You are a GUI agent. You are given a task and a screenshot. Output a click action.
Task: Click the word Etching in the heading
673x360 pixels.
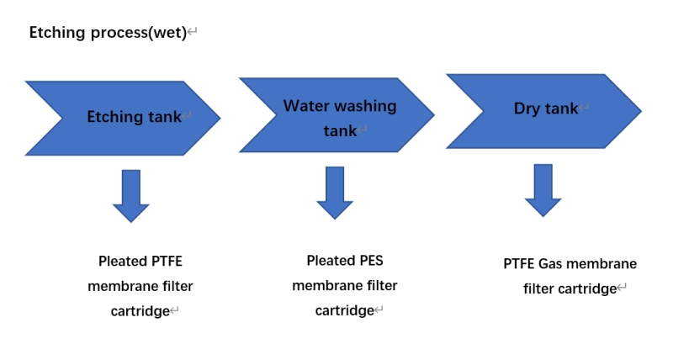click(57, 33)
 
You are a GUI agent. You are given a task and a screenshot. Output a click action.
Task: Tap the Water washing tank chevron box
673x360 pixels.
click(336, 116)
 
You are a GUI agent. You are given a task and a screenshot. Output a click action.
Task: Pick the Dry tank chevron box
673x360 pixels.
click(543, 109)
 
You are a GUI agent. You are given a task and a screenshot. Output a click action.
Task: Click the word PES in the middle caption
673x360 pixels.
click(368, 261)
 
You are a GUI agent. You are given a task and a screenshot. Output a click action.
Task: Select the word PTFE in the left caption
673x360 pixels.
click(166, 262)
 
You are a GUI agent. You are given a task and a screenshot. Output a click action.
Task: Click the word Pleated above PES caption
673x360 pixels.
click(328, 261)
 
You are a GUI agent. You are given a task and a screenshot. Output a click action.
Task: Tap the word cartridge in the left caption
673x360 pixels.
click(139, 311)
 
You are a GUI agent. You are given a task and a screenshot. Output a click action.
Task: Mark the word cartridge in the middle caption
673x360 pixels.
click(343, 310)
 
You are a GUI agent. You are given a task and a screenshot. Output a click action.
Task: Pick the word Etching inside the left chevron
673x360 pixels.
click(112, 117)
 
